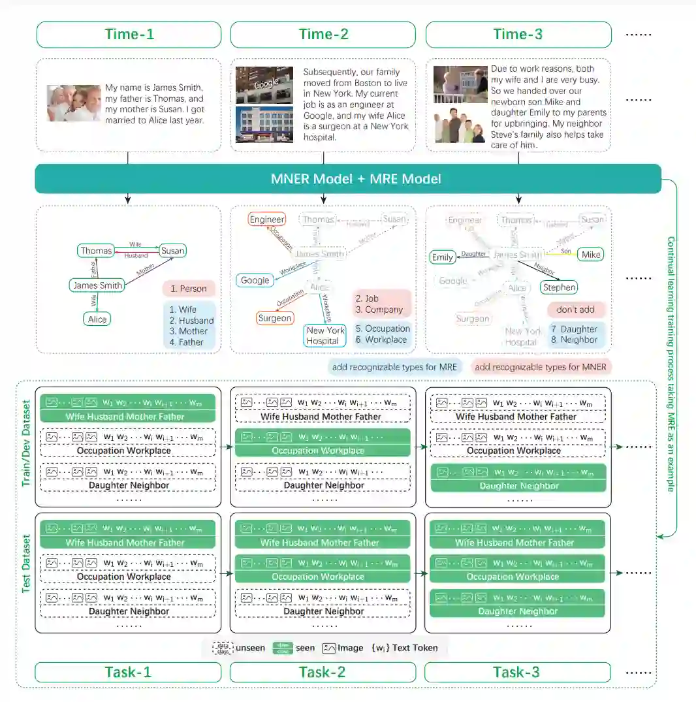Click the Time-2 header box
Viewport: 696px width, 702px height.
click(323, 35)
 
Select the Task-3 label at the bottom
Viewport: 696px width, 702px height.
click(517, 672)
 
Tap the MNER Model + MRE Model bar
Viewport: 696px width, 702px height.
click(347, 179)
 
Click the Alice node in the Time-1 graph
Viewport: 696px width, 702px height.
click(97, 319)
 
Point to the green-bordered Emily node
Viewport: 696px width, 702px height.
click(443, 257)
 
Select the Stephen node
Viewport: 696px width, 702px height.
click(560, 287)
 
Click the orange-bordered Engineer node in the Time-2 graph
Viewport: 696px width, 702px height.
click(267, 220)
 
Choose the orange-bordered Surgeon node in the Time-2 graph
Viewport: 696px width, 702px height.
click(275, 318)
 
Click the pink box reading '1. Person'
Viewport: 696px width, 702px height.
click(189, 289)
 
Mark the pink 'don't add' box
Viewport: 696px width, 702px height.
click(576, 310)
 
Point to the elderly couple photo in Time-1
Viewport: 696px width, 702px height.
click(74, 103)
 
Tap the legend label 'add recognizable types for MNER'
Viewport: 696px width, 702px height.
click(541, 367)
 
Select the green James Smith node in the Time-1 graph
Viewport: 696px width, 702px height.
click(97, 285)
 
